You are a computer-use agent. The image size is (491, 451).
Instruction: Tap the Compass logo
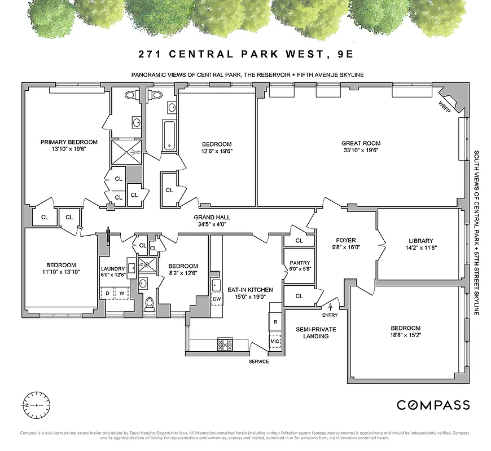pyautogui.click(x=433, y=405)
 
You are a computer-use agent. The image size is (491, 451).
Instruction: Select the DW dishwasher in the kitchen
pyautogui.click(x=217, y=299)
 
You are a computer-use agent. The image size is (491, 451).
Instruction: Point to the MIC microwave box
pyautogui.click(x=275, y=342)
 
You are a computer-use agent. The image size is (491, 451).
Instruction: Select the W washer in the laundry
pyautogui.click(x=121, y=294)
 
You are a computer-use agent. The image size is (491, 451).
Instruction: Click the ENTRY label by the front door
pyautogui.click(x=330, y=315)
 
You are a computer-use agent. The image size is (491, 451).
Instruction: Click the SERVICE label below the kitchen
pyautogui.click(x=258, y=361)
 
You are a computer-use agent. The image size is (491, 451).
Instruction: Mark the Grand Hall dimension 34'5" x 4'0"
pyautogui.click(x=212, y=224)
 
